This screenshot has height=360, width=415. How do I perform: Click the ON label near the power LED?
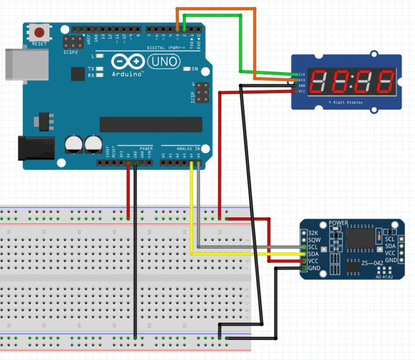[195, 69]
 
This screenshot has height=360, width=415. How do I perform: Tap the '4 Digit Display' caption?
[345, 102]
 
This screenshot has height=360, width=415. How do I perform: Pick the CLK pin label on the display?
[301, 74]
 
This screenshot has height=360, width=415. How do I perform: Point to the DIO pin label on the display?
[301, 80]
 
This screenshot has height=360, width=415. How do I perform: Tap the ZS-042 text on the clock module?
[373, 263]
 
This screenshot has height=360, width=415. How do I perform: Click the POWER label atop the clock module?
[338, 223]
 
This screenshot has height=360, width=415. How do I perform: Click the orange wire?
[216, 9]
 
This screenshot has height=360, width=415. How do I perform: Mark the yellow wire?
[192, 216]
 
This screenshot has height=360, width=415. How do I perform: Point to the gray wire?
[199, 216]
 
